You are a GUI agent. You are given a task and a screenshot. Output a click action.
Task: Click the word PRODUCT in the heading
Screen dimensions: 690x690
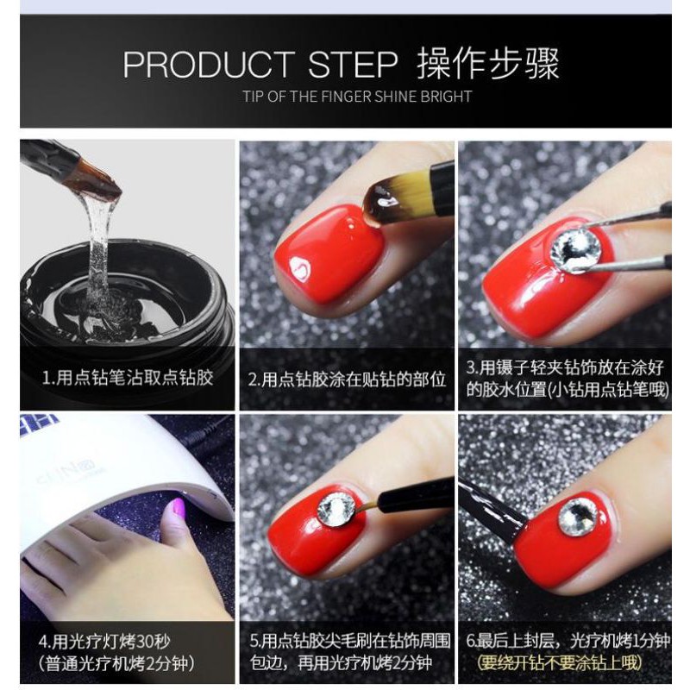click(209, 65)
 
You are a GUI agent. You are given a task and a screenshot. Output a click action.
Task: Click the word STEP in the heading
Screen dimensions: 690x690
click(353, 65)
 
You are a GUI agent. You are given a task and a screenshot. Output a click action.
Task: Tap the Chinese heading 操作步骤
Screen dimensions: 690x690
click(487, 63)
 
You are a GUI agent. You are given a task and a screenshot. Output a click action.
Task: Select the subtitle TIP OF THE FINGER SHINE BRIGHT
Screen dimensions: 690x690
click(357, 97)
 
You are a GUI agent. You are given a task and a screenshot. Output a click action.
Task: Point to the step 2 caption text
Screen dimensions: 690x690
click(348, 379)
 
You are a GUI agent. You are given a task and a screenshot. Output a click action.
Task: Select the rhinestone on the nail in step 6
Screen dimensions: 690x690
click(578, 517)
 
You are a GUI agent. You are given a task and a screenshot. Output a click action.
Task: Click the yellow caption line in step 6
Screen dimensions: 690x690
click(559, 663)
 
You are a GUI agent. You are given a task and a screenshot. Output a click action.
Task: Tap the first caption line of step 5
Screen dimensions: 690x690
click(350, 641)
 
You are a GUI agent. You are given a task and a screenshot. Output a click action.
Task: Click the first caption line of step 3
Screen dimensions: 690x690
click(565, 367)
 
